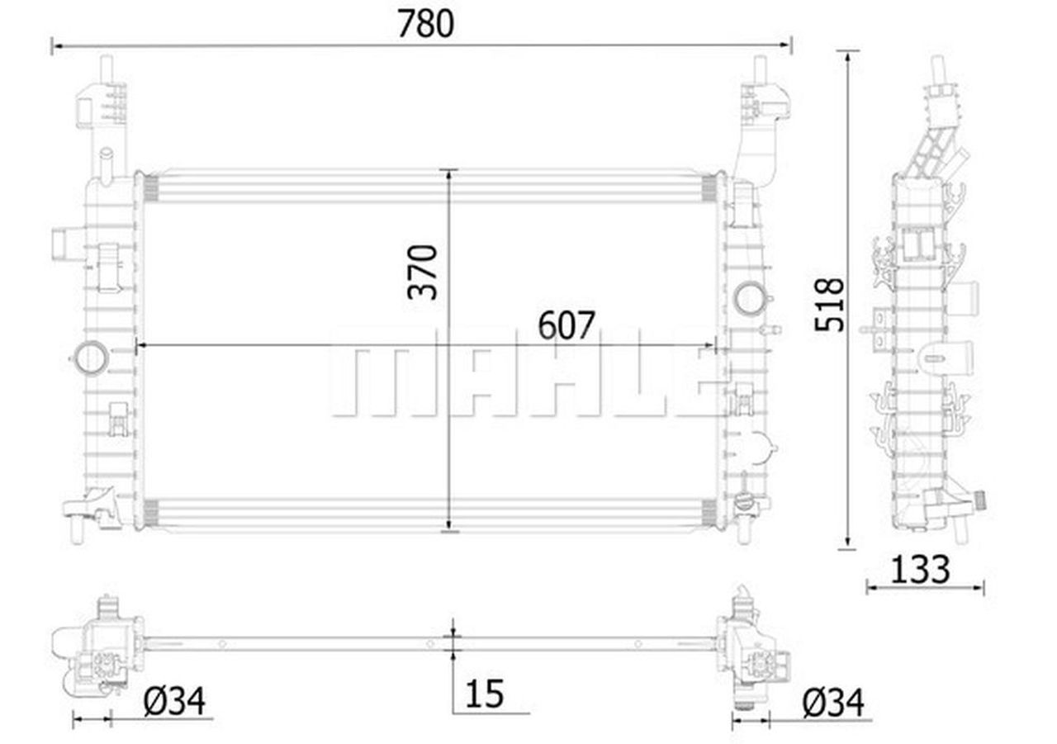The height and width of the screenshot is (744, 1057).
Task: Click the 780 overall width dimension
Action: tap(425, 24)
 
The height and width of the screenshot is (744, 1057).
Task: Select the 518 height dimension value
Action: tap(829, 304)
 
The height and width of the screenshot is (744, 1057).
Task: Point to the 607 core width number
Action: tap(566, 326)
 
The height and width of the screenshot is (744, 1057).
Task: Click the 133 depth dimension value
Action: tap(921, 569)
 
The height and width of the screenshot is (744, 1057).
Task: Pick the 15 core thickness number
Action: tap(484, 694)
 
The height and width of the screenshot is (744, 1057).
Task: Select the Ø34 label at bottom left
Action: tap(174, 702)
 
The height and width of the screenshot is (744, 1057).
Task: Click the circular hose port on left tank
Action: tap(90, 358)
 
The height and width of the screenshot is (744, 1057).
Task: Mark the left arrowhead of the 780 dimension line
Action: tap(55, 45)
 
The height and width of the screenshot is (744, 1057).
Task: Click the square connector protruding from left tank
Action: tap(64, 245)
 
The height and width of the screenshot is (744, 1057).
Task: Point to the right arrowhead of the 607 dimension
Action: tap(711, 344)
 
